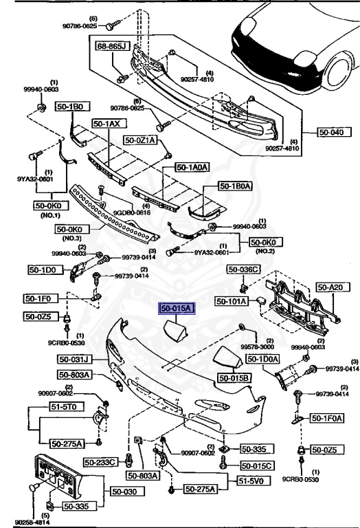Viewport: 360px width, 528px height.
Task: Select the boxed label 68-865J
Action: (x=113, y=45)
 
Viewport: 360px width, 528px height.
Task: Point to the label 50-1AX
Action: (x=107, y=124)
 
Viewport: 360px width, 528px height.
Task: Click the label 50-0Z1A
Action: (x=140, y=140)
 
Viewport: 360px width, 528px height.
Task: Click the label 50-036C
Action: (x=245, y=269)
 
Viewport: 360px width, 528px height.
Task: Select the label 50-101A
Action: (x=232, y=300)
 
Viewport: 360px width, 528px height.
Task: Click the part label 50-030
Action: (x=124, y=492)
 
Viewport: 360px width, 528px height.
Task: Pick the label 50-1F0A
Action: (x=327, y=417)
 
